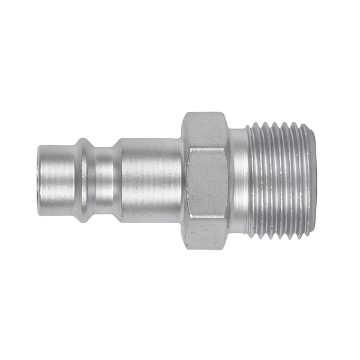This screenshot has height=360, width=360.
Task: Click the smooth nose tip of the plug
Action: (x=54, y=180)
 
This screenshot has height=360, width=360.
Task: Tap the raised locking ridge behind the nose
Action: (x=84, y=180)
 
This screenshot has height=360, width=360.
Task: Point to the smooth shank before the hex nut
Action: (x=150, y=180)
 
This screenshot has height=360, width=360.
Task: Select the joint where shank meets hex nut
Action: (x=181, y=180)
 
